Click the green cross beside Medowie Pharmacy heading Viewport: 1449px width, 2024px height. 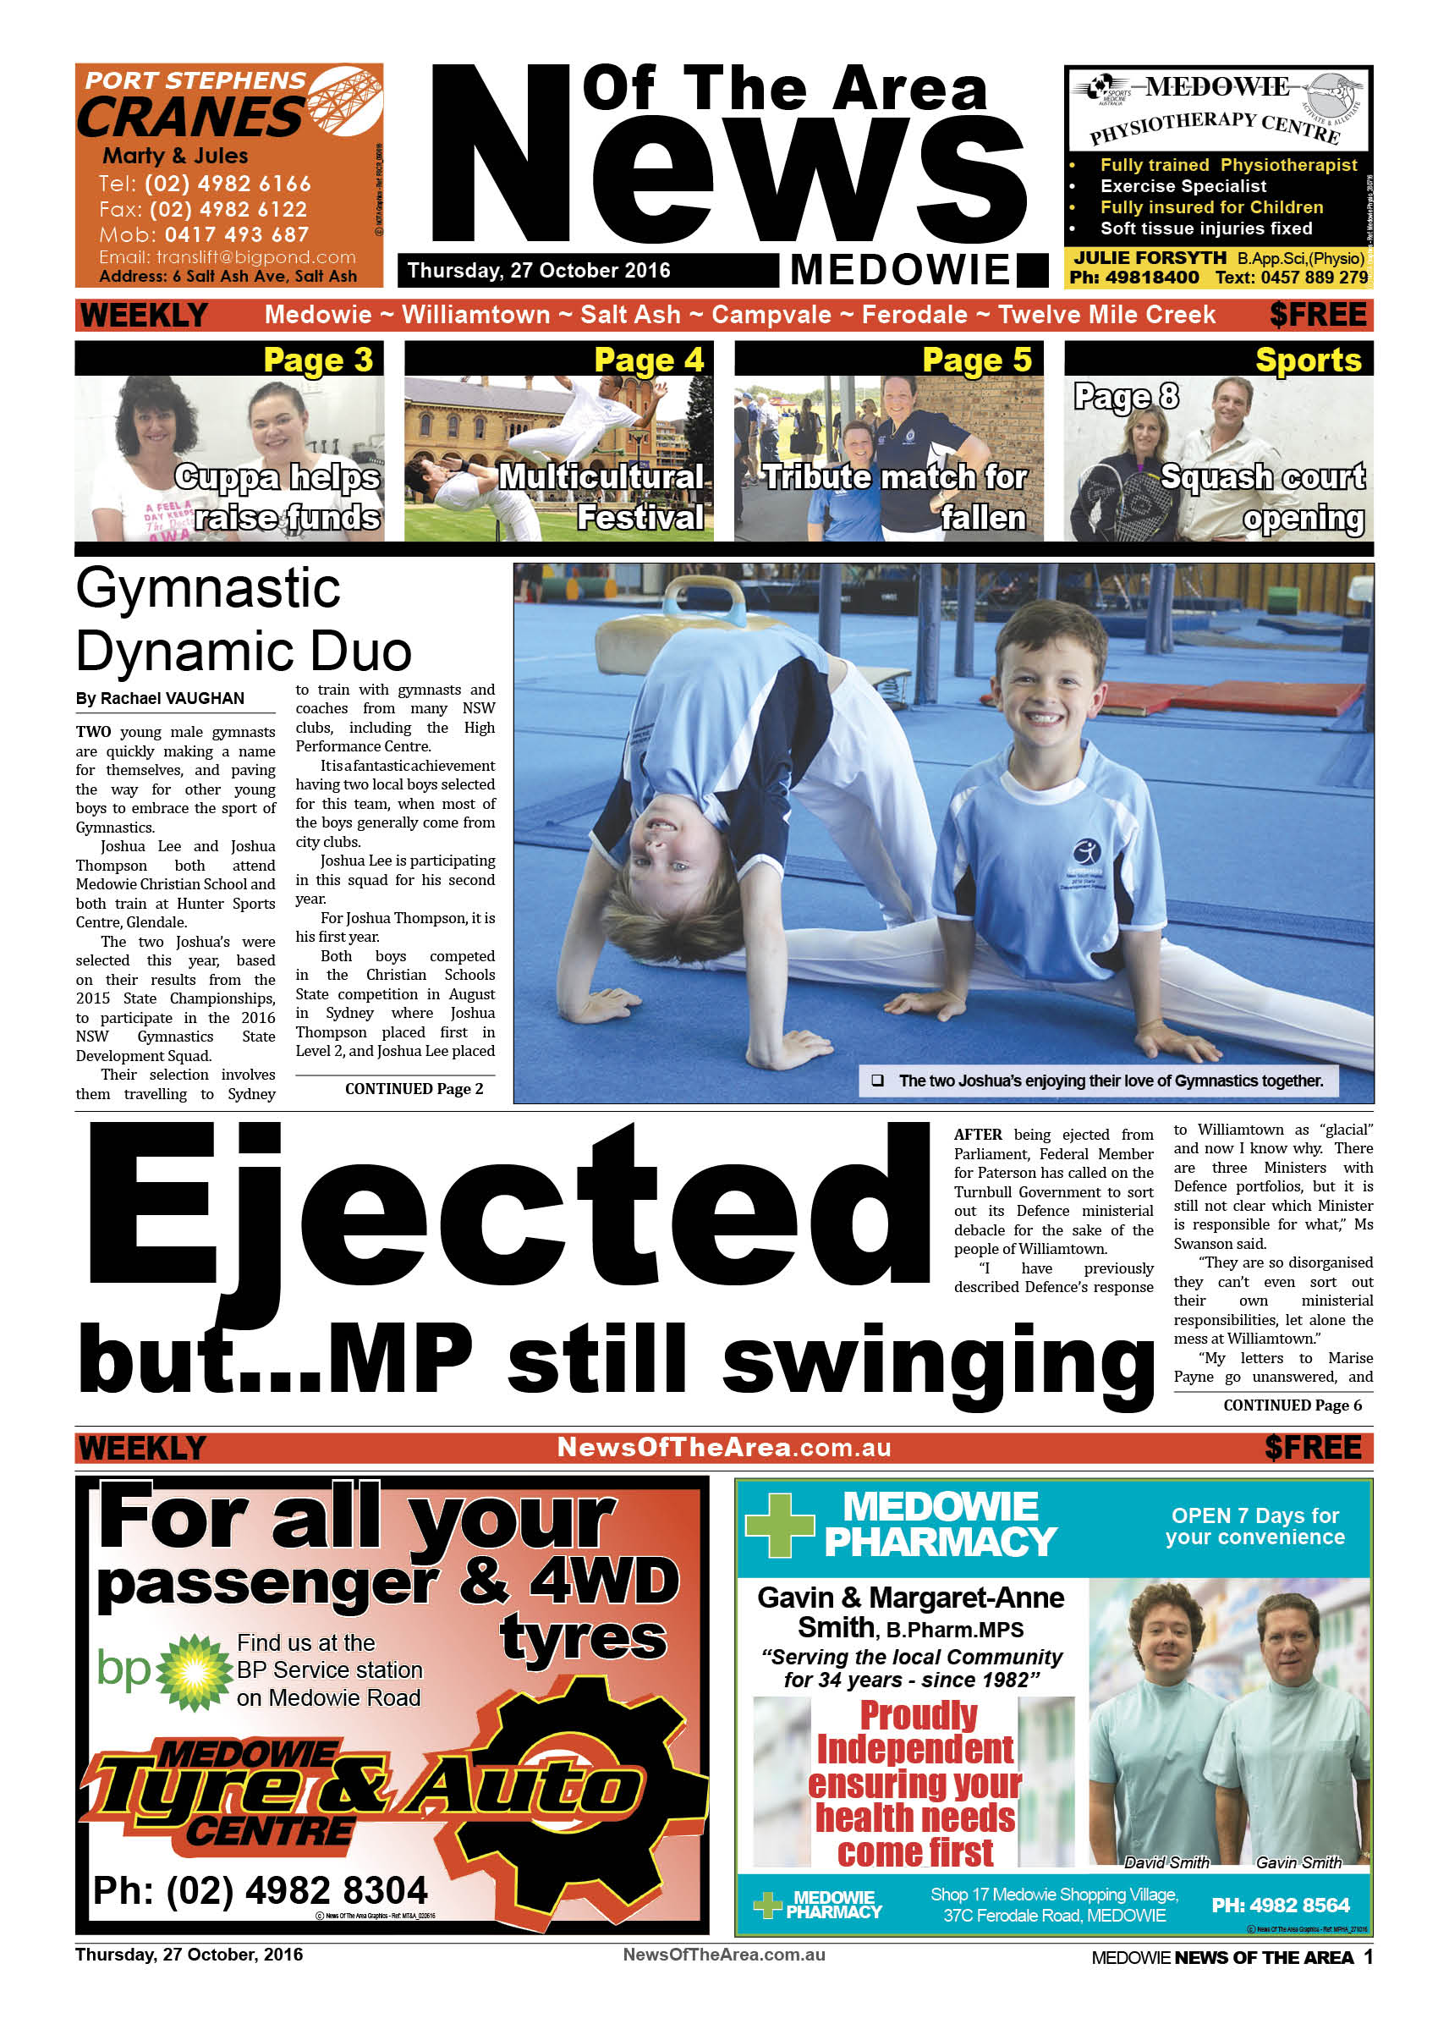coord(780,1525)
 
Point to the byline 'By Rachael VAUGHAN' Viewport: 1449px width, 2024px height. coord(160,698)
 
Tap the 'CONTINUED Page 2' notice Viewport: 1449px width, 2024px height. coord(414,1089)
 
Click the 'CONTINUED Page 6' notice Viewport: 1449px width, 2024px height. coord(1291,1405)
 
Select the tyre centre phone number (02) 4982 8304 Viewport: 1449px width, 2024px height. coord(261,1889)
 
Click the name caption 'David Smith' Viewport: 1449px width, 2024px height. coord(1166,1862)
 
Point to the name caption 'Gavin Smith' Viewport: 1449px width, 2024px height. coord(1298,1862)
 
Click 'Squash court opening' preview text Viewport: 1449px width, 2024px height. coord(1263,497)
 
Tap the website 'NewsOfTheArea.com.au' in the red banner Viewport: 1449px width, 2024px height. coord(723,1447)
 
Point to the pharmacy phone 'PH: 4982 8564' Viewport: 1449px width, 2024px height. coord(1280,1906)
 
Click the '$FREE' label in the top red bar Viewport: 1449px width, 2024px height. coord(1317,314)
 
